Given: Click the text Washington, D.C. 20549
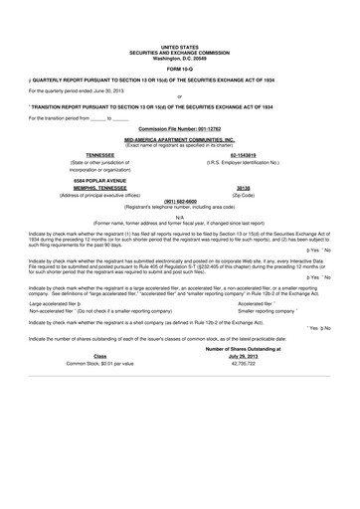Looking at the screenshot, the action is pos(179,56).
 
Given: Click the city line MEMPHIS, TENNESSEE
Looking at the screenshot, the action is pos(95,186).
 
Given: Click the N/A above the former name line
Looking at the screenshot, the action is pos(179,216).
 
